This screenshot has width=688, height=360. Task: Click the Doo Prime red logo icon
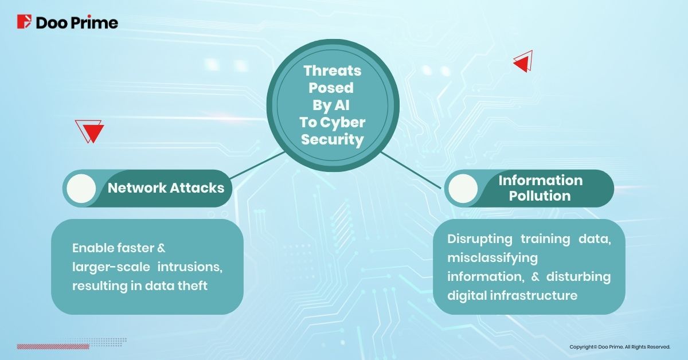click(25, 22)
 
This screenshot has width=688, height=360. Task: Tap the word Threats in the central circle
click(333, 71)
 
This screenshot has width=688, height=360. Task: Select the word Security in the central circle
click(333, 140)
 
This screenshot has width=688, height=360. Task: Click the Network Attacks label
click(166, 187)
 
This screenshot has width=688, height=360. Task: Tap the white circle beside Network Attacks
click(81, 187)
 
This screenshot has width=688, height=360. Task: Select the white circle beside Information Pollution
click(463, 188)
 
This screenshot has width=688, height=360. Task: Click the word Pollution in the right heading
click(540, 196)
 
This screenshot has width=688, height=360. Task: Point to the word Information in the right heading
click(540, 181)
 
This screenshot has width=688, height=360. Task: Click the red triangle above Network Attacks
click(92, 132)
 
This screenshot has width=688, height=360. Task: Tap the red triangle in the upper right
click(523, 62)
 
